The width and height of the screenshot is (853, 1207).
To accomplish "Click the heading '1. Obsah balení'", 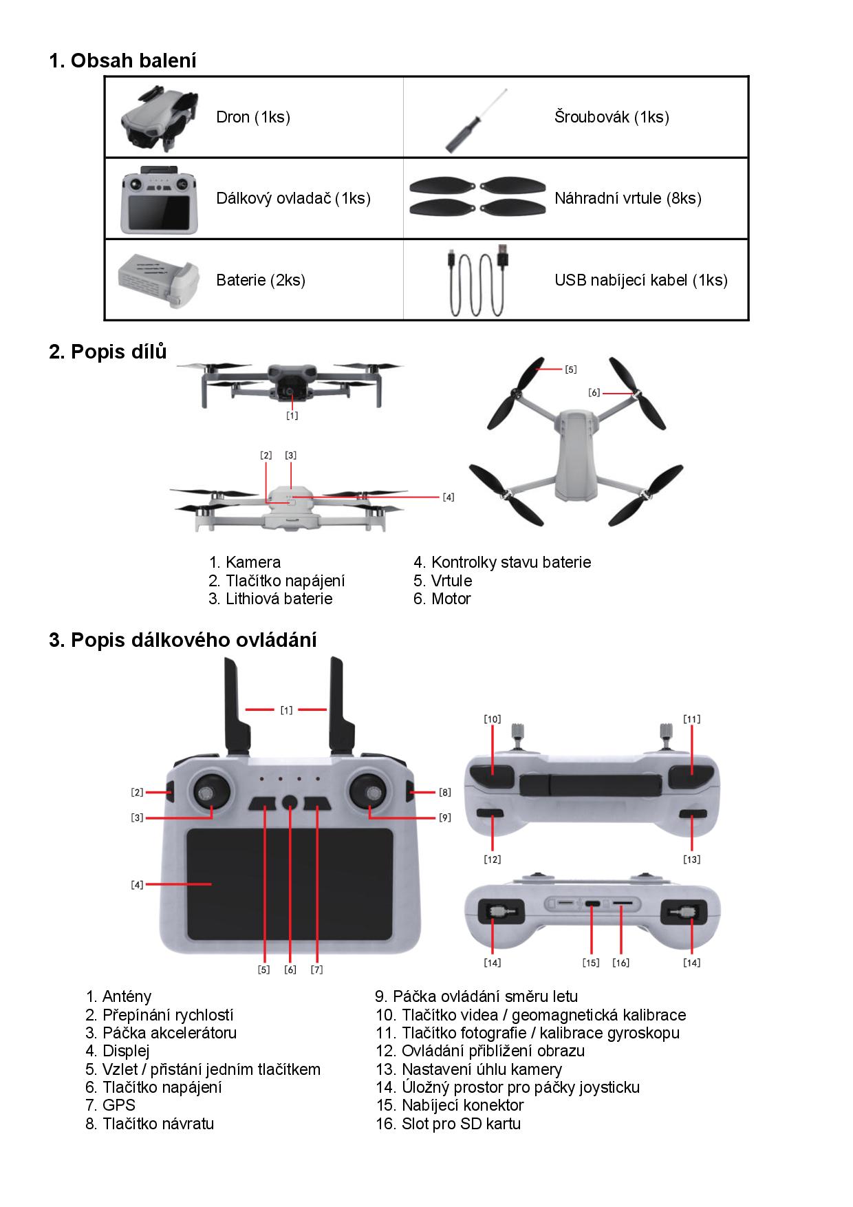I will coord(122,61).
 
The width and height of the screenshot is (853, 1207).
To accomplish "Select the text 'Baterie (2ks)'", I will coord(261,280).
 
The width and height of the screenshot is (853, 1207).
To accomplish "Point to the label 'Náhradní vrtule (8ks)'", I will coord(627,199).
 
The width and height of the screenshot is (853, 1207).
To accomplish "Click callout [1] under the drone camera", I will coord(292,416).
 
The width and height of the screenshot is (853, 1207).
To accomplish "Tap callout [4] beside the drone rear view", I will coord(449,497).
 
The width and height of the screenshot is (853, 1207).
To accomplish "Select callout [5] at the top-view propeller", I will coord(571,370).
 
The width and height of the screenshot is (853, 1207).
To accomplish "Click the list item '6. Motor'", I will coord(442,599).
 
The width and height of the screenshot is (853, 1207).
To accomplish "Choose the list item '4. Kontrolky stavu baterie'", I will coord(502,562).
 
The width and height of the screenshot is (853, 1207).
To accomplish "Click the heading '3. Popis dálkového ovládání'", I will coord(183,640).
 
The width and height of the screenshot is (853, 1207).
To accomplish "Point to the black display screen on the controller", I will coord(289,884).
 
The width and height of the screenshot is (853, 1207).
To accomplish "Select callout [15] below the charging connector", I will coord(591,963).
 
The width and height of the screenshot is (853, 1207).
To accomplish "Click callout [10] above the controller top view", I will coord(493,719).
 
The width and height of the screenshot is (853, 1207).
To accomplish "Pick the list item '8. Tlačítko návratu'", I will coord(149,1124).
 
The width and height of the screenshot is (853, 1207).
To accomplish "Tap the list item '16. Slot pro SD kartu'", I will coord(448,1124).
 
